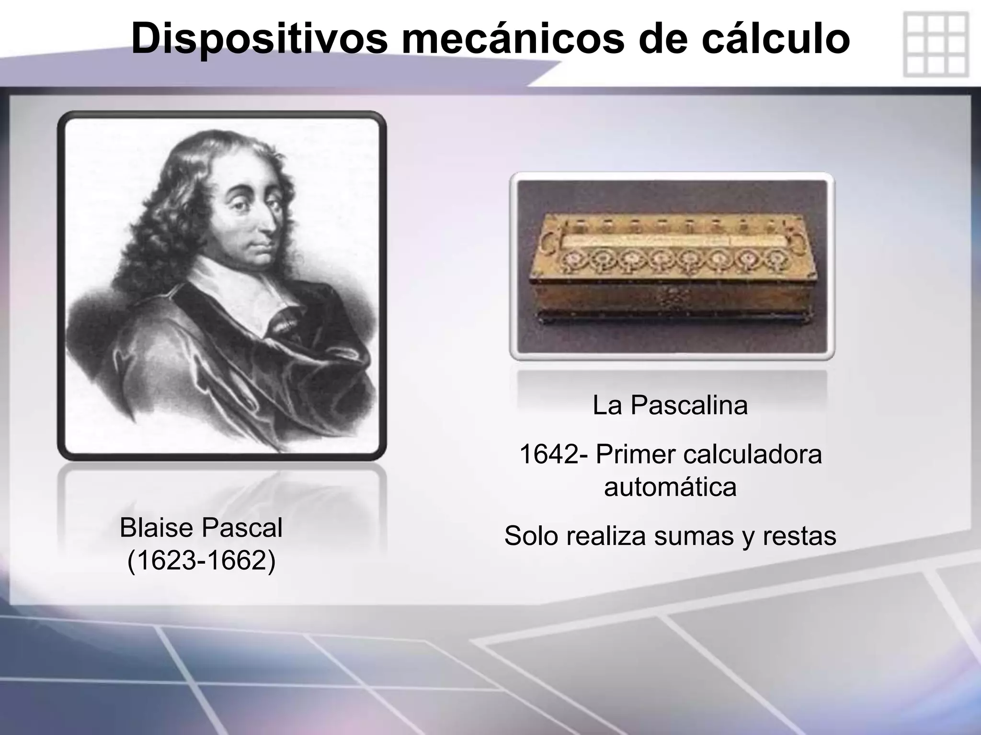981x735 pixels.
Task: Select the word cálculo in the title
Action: click(x=776, y=38)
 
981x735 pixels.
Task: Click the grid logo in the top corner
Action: click(x=935, y=45)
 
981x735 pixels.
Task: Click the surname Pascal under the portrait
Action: click(x=242, y=528)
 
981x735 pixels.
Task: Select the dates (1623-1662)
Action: click(x=201, y=560)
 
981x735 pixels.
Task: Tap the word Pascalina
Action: click(x=689, y=405)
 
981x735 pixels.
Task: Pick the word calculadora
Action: click(x=753, y=454)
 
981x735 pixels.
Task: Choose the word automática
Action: click(x=670, y=487)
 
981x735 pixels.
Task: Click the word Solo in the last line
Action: click(x=532, y=535)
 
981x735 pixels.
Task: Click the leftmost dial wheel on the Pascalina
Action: click(x=574, y=259)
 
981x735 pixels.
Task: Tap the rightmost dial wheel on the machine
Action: click(x=774, y=259)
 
